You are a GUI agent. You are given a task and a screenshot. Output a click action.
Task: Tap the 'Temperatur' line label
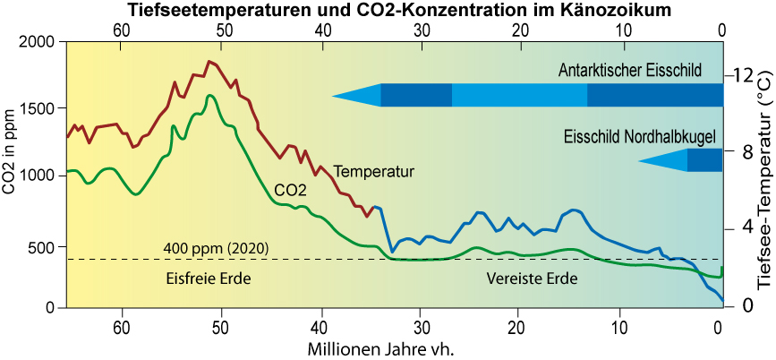(372, 171)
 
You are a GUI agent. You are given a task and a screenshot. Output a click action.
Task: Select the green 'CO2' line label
(290, 190)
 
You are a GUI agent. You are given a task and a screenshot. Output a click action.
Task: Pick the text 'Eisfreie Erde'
(208, 279)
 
